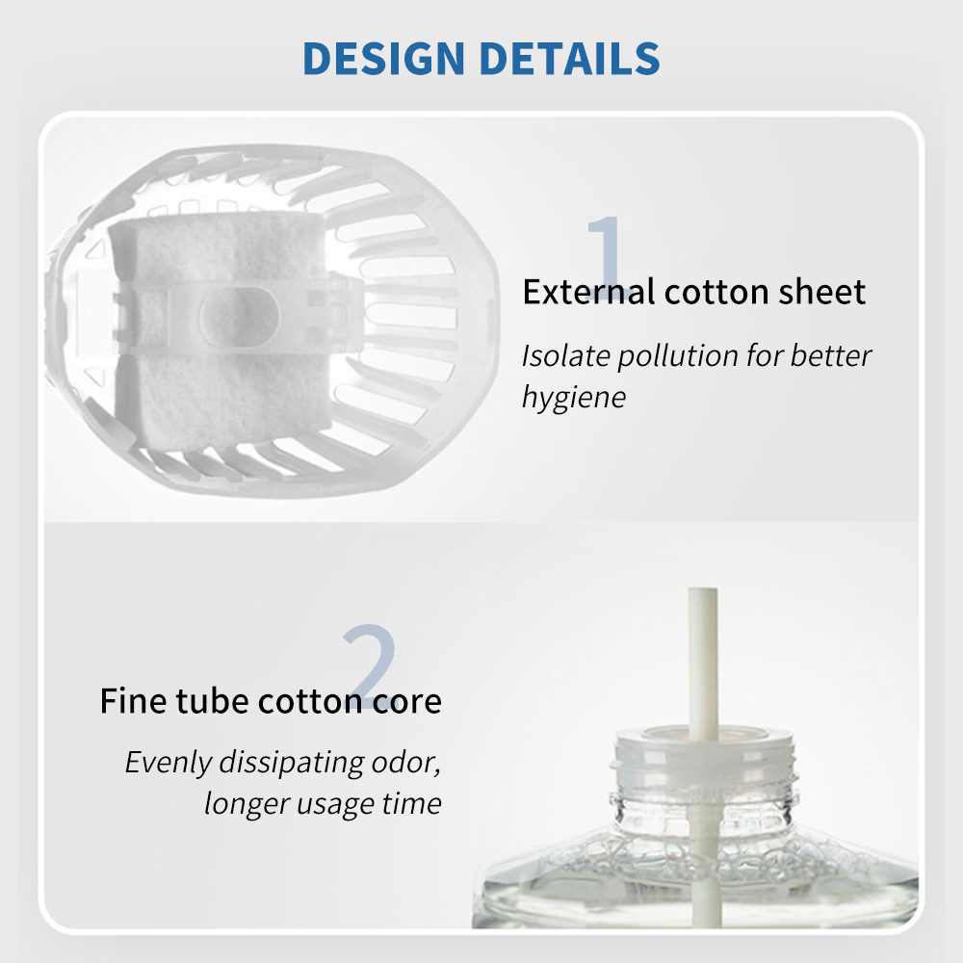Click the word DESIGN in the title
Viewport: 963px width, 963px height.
click(x=384, y=59)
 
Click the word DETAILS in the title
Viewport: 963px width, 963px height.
click(x=569, y=59)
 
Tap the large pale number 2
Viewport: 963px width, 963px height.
click(x=370, y=665)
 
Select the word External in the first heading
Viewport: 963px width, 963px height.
click(x=588, y=292)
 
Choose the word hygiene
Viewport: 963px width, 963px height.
click(x=574, y=398)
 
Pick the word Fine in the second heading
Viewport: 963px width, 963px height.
click(x=133, y=701)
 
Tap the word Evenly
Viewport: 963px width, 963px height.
click(x=169, y=764)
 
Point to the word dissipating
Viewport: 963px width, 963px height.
click(x=292, y=764)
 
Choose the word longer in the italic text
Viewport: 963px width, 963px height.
click(x=247, y=804)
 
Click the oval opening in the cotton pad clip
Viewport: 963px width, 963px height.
click(x=239, y=317)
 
